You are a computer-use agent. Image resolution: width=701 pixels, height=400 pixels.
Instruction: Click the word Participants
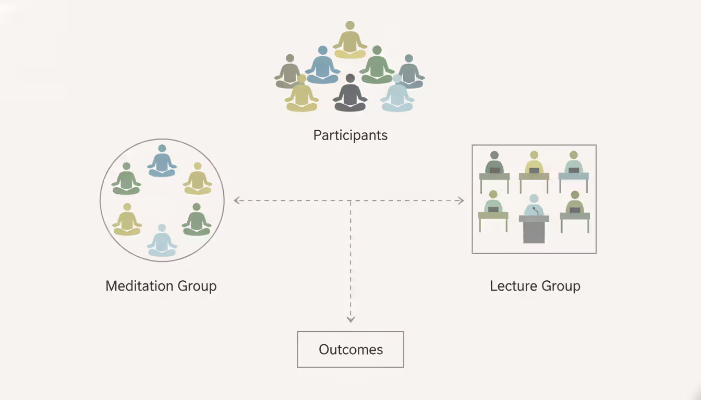pyautogui.click(x=350, y=135)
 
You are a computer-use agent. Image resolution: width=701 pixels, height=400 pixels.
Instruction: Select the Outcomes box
pyautogui.click(x=350, y=349)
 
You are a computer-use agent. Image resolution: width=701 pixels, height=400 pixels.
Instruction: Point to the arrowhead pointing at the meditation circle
pyautogui.click(x=237, y=201)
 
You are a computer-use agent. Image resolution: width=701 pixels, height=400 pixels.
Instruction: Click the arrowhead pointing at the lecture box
pyautogui.click(x=461, y=201)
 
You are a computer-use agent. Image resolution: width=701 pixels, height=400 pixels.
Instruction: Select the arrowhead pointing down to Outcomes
pyautogui.click(x=350, y=319)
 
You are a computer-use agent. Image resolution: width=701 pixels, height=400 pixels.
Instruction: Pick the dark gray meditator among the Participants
pyautogui.click(x=350, y=95)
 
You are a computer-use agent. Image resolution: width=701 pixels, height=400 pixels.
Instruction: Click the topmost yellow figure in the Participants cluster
pyautogui.click(x=350, y=41)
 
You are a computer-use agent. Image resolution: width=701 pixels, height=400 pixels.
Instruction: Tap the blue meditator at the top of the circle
pyautogui.click(x=162, y=161)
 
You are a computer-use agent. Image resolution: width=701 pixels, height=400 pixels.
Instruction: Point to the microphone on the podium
pyautogui.click(x=534, y=210)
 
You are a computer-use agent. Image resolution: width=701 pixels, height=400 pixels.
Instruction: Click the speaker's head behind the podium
pyautogui.click(x=534, y=198)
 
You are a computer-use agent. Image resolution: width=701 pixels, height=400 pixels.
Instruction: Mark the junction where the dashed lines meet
pyautogui.click(x=350, y=201)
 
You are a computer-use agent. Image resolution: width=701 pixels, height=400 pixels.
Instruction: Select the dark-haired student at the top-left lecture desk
pyautogui.click(x=494, y=162)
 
